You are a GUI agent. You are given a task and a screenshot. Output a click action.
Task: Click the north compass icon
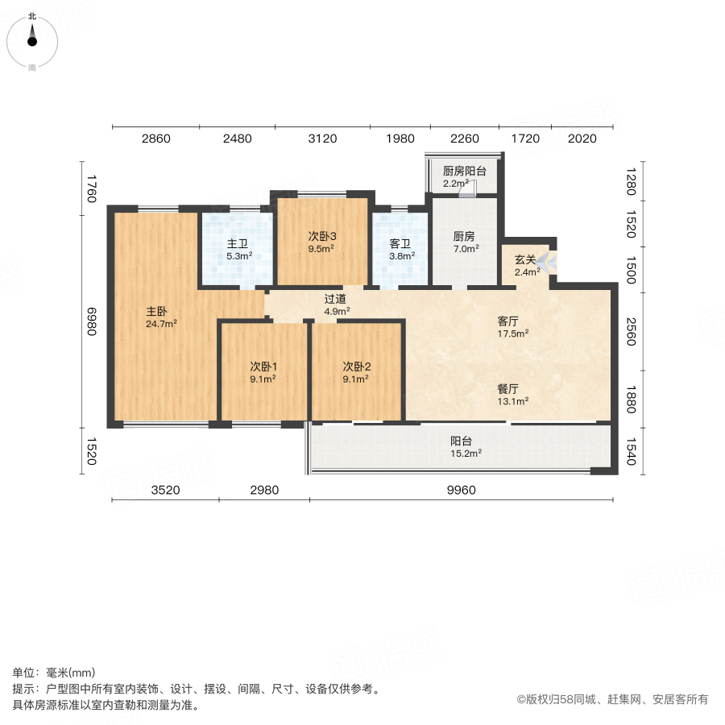[32, 39]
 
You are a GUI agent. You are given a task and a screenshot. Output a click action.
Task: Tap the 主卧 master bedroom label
[156, 311]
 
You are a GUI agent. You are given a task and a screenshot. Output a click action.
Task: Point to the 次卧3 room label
[321, 237]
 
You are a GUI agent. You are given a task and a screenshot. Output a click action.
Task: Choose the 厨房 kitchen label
[464, 237]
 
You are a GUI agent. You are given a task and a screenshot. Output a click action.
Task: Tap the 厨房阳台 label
[464, 171]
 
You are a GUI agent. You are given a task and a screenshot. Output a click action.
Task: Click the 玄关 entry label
[525, 259]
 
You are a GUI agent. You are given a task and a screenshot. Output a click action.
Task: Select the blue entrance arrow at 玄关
[546, 262]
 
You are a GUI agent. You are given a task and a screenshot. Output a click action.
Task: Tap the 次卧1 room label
[263, 366]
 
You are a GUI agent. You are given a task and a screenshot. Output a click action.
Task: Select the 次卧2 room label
[355, 366]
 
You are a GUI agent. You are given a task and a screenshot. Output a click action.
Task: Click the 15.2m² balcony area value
[466, 454]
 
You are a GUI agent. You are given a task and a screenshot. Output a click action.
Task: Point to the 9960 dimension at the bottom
[461, 490]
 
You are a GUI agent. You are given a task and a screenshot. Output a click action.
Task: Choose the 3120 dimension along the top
[323, 139]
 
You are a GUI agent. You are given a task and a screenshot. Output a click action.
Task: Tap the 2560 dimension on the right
[631, 330]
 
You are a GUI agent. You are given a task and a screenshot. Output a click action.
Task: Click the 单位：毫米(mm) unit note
[54, 673]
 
